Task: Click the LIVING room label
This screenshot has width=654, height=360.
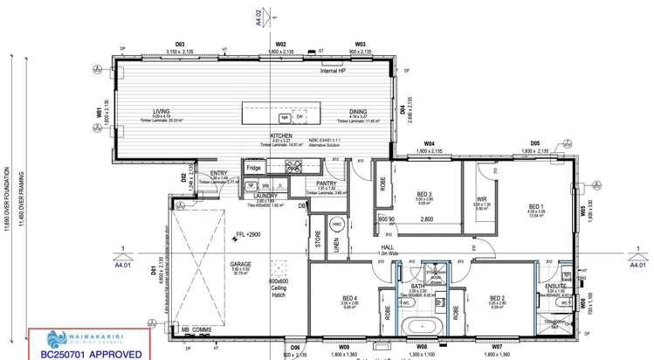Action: point(161,111)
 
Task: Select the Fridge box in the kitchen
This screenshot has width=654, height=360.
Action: point(253,167)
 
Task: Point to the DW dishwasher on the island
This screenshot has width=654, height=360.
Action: point(299,116)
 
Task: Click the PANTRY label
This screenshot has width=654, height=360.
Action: point(326,183)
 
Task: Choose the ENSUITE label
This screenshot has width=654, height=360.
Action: point(556,286)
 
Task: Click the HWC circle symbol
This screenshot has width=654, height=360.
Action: point(338,225)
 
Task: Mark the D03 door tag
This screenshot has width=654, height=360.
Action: point(181,44)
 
